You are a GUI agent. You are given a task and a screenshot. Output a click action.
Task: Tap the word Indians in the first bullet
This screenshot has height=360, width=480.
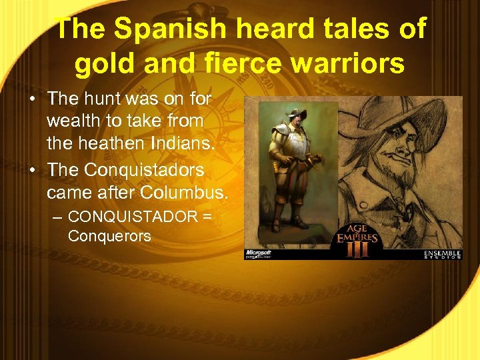[x=179, y=143]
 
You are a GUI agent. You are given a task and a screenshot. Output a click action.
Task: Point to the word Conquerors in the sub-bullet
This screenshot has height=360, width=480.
[x=109, y=236]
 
